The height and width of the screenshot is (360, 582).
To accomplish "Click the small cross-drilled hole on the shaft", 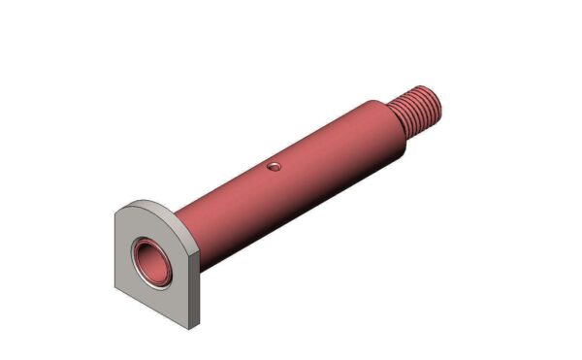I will [x=275, y=167].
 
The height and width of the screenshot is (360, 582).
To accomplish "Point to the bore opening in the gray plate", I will [x=152, y=260].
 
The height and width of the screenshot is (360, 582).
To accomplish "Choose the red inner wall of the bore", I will [x=155, y=254].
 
